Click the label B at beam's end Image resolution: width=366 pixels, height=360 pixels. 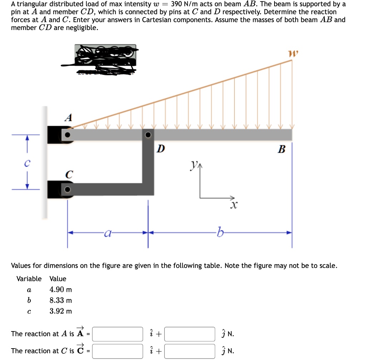[282, 149]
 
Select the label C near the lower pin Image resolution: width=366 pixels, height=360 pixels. [69, 175]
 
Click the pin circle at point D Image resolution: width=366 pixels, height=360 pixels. [148, 135]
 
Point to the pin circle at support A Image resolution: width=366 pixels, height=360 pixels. [68, 135]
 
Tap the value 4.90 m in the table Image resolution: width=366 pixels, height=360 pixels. [60, 290]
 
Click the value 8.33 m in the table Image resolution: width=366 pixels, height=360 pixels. [60, 300]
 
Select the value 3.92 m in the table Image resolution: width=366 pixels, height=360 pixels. [60, 311]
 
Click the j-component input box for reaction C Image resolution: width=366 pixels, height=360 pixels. [190, 351]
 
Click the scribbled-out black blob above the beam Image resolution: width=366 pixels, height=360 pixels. [105, 59]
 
